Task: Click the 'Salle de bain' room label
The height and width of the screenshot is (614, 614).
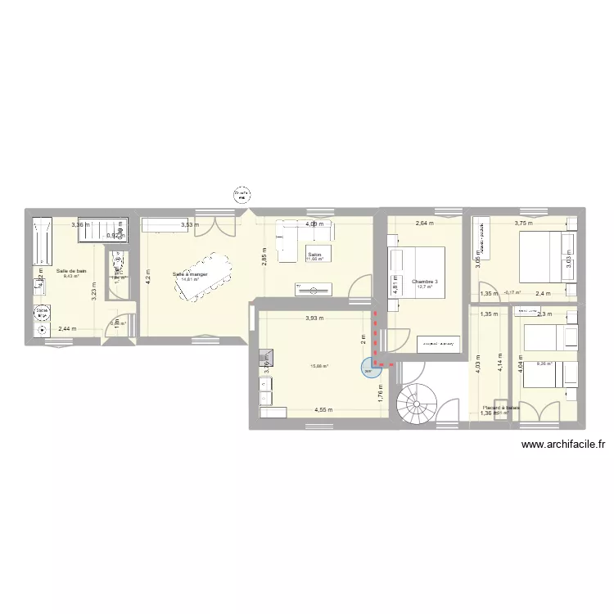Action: click(x=71, y=270)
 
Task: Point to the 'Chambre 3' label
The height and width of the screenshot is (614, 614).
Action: click(x=425, y=282)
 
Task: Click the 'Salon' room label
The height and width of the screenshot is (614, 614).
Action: click(x=315, y=255)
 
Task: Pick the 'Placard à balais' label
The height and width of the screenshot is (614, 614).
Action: click(x=501, y=408)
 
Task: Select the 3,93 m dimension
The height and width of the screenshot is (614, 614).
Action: click(x=315, y=318)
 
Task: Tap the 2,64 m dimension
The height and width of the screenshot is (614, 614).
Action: click(x=423, y=223)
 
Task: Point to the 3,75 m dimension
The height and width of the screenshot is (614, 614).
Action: click(x=522, y=223)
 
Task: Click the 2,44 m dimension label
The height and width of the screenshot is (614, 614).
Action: click(x=69, y=329)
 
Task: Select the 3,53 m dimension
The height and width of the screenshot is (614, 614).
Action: click(x=190, y=224)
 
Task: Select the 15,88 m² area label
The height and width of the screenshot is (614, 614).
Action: click(x=318, y=366)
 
